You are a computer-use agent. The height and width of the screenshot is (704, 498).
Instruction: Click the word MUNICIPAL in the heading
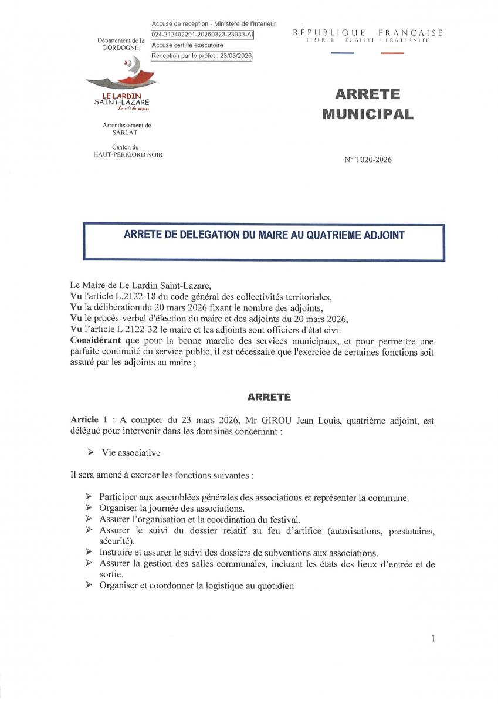point(368,114)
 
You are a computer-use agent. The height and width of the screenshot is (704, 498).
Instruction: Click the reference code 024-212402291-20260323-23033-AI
point(202,34)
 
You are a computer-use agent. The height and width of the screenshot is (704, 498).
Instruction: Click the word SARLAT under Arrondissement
point(124,133)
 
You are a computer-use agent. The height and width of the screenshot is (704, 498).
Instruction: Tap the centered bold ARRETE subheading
point(269,397)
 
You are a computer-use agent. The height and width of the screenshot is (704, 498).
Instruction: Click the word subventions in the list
point(283,553)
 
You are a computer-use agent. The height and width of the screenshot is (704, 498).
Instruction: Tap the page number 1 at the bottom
point(433,638)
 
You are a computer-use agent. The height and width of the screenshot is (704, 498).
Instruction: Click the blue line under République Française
point(343,53)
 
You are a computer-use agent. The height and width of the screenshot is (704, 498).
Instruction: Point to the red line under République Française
point(392,53)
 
